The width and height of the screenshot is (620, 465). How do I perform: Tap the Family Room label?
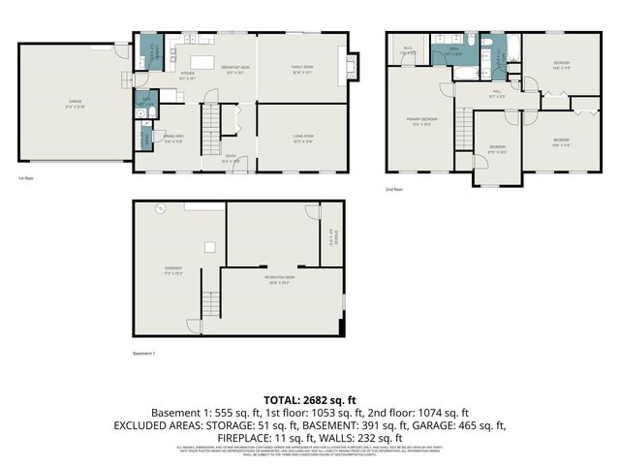[302, 69]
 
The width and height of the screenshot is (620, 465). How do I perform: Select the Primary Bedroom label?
[422, 120]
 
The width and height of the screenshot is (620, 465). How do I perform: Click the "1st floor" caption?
[26, 179]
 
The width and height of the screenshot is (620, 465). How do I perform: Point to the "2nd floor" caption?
[392, 189]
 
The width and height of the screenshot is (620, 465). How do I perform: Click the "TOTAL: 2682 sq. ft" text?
[310, 399]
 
